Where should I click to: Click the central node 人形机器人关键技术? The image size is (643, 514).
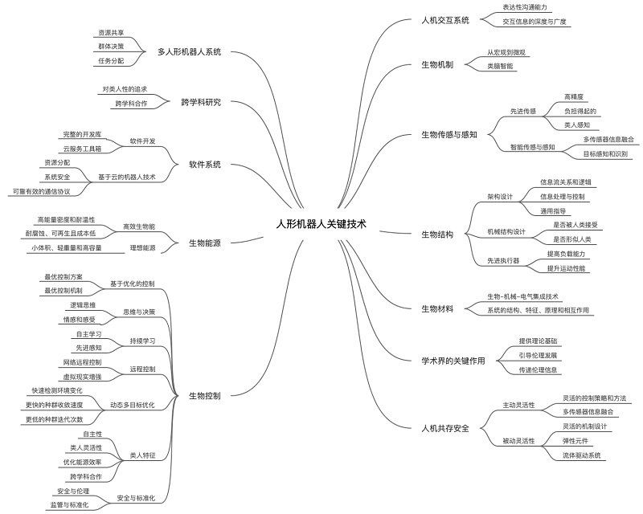pyautogui.click(x=321, y=226)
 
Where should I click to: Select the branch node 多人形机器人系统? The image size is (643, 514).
pyautogui.click(x=189, y=52)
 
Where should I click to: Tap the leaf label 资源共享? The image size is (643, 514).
pyautogui.click(x=111, y=33)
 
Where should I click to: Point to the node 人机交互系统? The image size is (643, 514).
pyautogui.click(x=445, y=20)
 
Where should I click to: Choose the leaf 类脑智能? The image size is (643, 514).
pyautogui.click(x=500, y=66)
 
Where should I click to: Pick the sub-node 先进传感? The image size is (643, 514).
pyautogui.click(x=523, y=111)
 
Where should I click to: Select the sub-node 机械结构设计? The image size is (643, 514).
pyautogui.click(x=506, y=232)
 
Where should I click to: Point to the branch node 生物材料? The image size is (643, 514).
pyautogui.click(x=437, y=308)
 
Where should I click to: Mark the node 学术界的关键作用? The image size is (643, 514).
pyautogui.click(x=453, y=361)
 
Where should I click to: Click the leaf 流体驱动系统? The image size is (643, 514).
pyautogui.click(x=582, y=455)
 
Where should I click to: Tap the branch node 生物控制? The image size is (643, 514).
pyautogui.click(x=204, y=396)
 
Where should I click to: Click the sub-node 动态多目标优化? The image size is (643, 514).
pyautogui.click(x=132, y=404)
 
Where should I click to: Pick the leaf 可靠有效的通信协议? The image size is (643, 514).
pyautogui.click(x=41, y=191)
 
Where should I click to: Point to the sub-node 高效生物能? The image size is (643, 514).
pyautogui.click(x=139, y=226)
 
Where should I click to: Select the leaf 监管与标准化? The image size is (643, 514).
pyautogui.click(x=69, y=504)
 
